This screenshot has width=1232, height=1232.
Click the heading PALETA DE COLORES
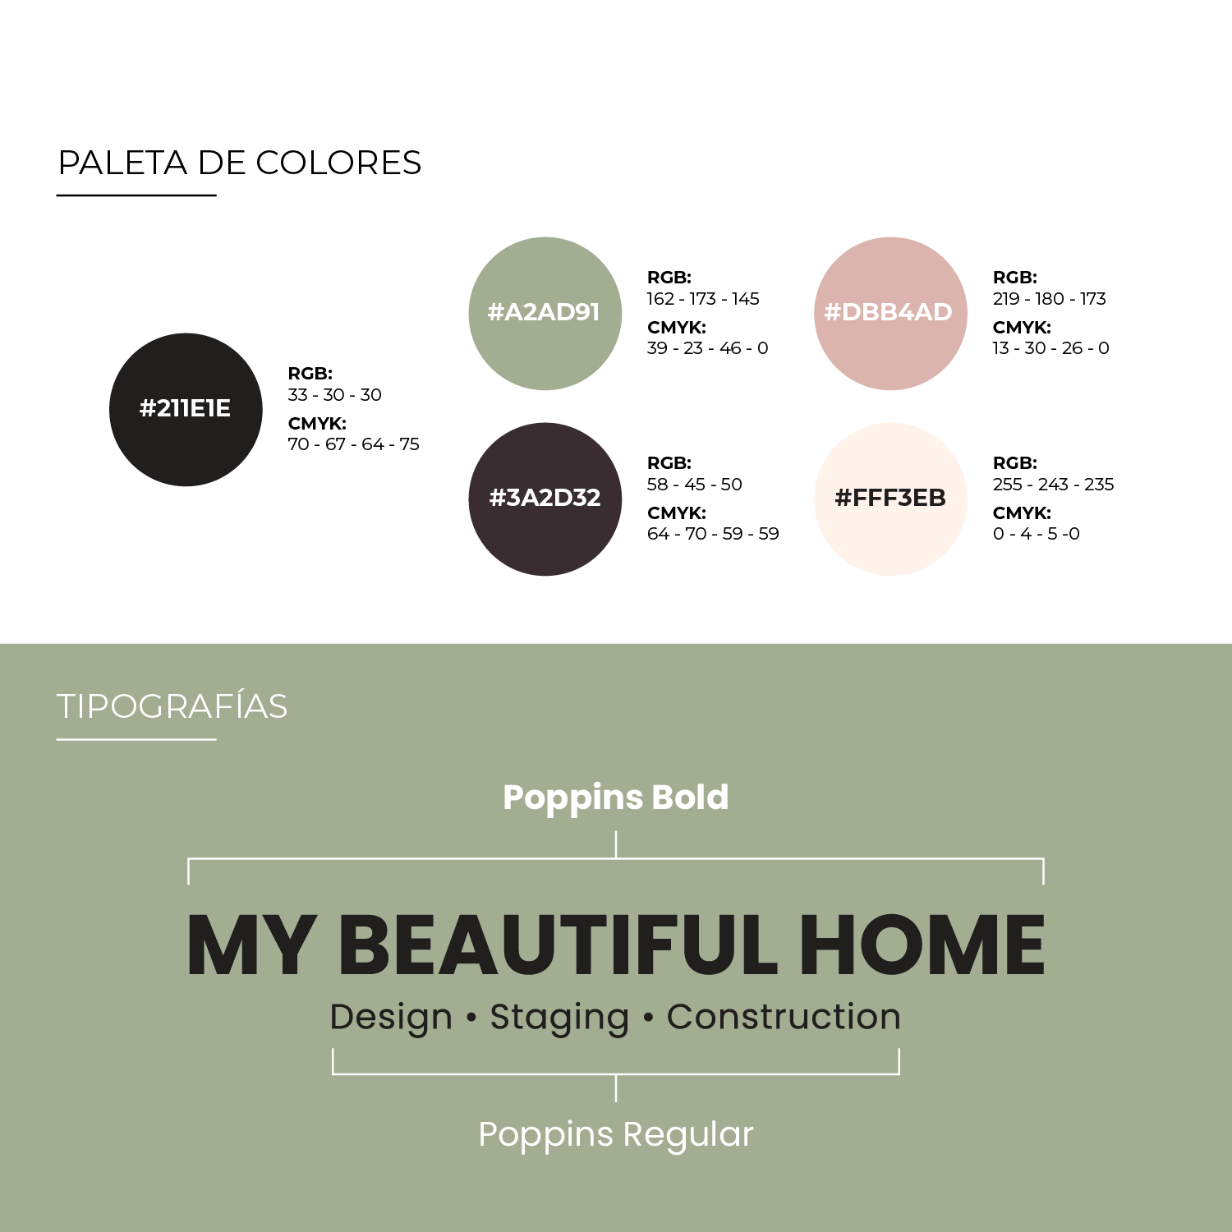(x=240, y=163)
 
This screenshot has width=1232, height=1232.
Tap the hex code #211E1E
(x=185, y=408)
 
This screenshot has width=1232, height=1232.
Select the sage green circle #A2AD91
(x=545, y=314)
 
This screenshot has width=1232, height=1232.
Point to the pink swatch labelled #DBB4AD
(x=890, y=314)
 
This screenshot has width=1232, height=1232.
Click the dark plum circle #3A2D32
(x=545, y=499)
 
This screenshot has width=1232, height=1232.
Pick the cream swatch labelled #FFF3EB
(x=890, y=499)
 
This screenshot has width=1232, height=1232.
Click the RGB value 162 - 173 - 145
(x=703, y=299)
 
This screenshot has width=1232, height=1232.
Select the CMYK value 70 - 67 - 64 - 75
(x=353, y=444)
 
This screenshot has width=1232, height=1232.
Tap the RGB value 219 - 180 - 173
(x=1050, y=299)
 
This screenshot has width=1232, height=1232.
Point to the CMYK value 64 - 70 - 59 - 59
(x=713, y=534)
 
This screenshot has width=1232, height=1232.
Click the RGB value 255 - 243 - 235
(x=1054, y=485)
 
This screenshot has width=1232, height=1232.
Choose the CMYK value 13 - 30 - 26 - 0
(x=1051, y=348)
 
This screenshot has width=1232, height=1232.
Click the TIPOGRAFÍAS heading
(x=172, y=706)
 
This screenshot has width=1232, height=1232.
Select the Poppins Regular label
(x=616, y=1135)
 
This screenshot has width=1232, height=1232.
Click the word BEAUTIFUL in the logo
(x=558, y=945)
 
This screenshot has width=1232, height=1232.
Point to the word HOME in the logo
(x=922, y=945)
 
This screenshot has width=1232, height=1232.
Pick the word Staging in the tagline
(x=560, y=1018)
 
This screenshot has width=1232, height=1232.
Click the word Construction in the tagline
(x=784, y=1017)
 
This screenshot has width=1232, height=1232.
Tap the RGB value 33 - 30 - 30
(x=334, y=395)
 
